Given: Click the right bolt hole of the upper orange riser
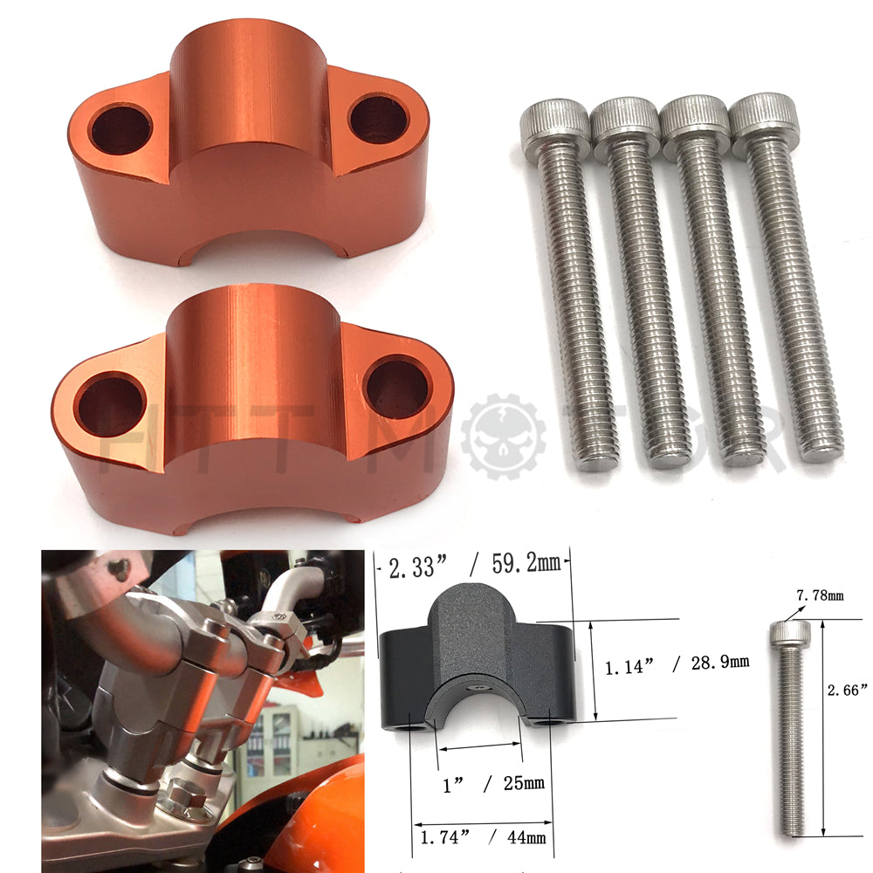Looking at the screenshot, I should [x=379, y=119].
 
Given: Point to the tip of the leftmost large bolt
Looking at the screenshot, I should [x=598, y=460].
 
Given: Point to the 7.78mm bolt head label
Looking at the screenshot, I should [x=821, y=596].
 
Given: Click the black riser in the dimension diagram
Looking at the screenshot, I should [x=476, y=655].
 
